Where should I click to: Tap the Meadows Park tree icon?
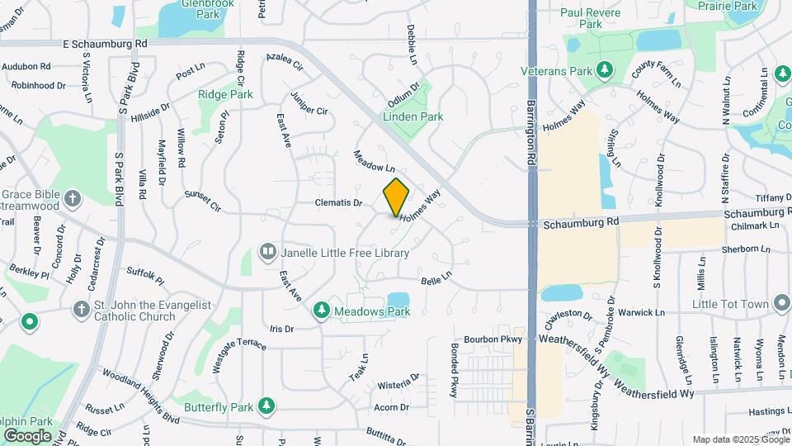[x=322, y=311]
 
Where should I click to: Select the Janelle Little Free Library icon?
[x=267, y=251]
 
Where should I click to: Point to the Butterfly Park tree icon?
[x=266, y=406]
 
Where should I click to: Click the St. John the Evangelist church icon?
[x=81, y=310]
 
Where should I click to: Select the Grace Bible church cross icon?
[x=73, y=198]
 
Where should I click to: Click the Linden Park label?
[x=413, y=117]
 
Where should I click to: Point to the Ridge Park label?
[x=225, y=95]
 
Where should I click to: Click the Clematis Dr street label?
[x=339, y=202]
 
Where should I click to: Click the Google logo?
[x=27, y=435]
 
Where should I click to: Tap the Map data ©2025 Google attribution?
[x=740, y=439]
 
